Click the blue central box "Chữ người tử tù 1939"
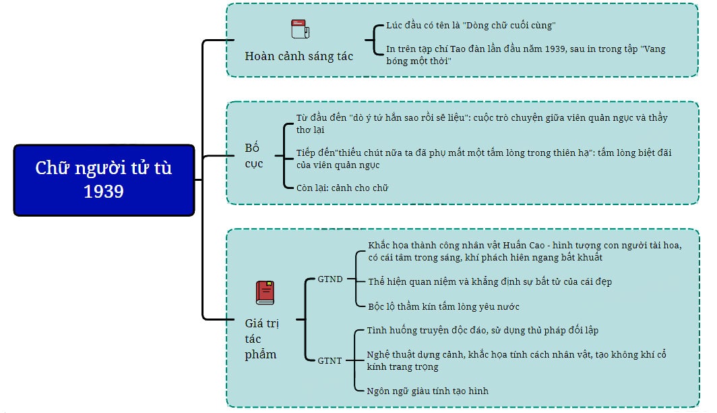104,180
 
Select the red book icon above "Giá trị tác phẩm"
265,292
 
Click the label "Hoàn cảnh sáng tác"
299,56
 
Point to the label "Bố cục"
253,155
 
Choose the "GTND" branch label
330,279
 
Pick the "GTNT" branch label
330,360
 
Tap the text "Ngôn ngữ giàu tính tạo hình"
427,391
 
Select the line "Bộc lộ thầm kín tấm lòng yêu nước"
443,306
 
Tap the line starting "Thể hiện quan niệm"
489,281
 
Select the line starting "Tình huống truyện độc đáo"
482,331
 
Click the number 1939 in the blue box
104,192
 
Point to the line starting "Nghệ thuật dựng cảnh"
516,354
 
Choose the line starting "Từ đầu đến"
482,118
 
